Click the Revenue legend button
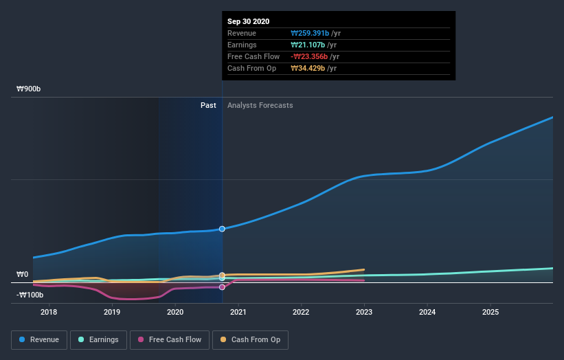pos(38,339)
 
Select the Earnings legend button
pos(98,339)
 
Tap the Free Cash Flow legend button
pos(169,339)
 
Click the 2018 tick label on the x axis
pos(49,313)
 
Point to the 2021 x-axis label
pos(238,313)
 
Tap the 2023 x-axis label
pos(364,313)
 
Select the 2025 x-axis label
pos(490,313)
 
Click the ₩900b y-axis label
pos(30,89)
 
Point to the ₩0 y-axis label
pos(23,275)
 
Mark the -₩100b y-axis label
pos(30,295)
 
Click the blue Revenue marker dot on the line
pos(222,229)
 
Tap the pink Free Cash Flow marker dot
pos(222,287)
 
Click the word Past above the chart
pos(208,106)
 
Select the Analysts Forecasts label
pos(260,106)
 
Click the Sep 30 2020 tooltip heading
pos(249,21)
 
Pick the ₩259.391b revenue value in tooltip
pos(315,33)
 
